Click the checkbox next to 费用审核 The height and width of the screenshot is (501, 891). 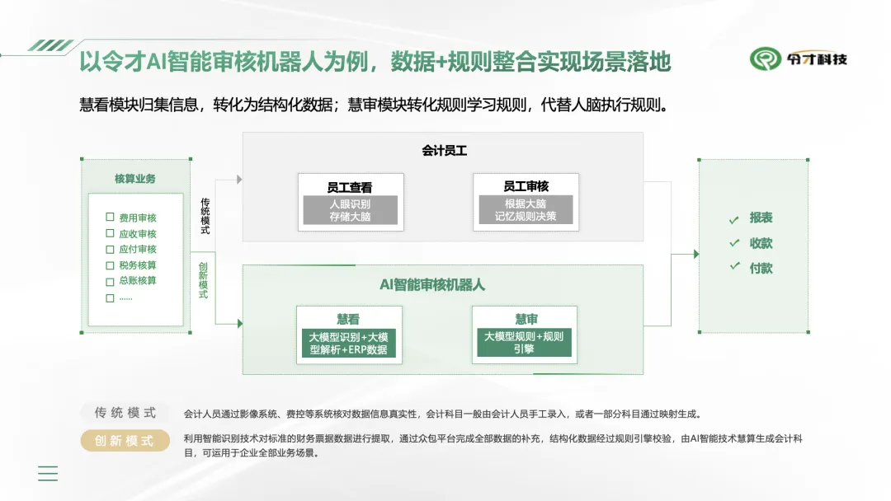[110, 217]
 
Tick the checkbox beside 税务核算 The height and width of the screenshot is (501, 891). [110, 265]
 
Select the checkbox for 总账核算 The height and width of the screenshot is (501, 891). [110, 282]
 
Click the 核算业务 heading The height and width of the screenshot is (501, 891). [134, 179]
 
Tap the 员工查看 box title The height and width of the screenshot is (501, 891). [350, 187]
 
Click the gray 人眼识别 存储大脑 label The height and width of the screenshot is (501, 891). [350, 210]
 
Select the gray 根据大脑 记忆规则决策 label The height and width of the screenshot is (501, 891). [526, 209]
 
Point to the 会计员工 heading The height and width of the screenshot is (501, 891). [444, 150]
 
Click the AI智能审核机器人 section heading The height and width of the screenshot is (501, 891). [431, 285]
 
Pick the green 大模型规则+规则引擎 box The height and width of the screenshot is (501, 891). [524, 342]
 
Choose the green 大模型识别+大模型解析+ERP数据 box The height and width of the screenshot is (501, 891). [348, 344]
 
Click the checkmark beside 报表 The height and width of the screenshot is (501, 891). [734, 219]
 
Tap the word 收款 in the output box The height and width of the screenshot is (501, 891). [761, 243]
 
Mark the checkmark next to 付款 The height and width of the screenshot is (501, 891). [735, 265]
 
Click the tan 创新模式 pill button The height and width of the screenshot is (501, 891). [125, 440]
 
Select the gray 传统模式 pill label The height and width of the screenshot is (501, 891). [125, 413]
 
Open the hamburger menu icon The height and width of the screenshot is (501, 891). [48, 473]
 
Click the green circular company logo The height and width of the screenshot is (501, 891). [766, 59]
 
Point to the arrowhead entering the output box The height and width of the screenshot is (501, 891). [696, 254]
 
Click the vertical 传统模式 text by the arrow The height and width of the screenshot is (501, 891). [205, 216]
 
